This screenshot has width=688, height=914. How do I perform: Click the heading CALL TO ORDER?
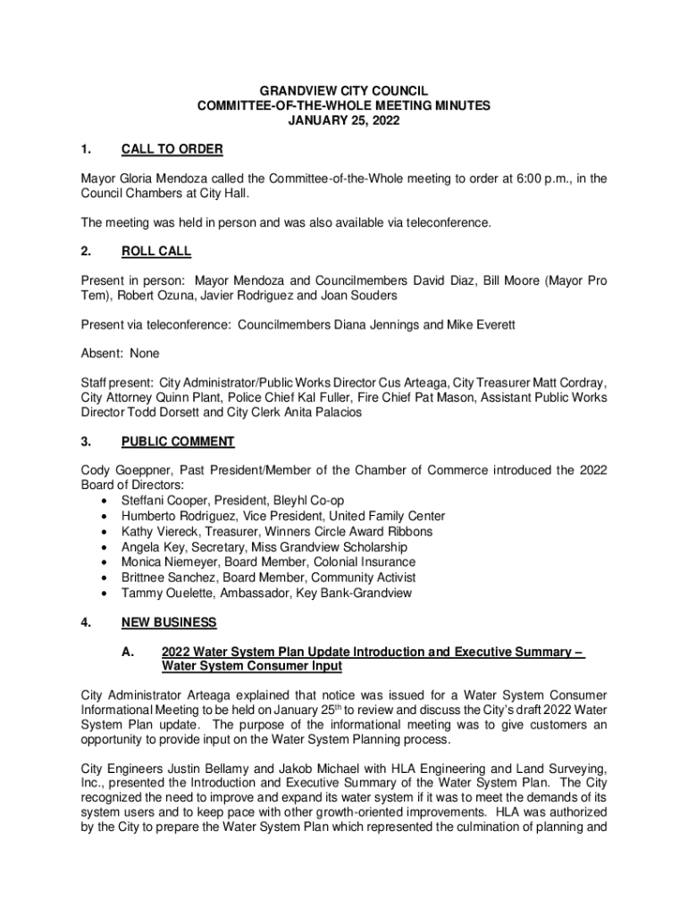point(172,149)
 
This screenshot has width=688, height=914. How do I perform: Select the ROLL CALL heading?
point(156,252)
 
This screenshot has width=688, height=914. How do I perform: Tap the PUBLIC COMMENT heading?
point(178,442)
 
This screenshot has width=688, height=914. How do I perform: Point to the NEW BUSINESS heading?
point(169,622)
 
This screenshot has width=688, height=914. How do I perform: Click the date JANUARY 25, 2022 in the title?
point(343,120)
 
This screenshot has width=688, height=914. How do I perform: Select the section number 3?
point(86,442)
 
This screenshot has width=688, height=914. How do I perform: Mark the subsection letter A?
point(128,652)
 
